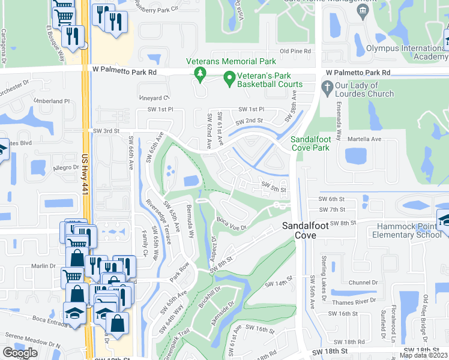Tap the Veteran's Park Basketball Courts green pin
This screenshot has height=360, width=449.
click(229, 78)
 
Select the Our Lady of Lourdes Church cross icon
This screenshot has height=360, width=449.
click(327, 89)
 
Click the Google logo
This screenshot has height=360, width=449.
click(20, 353)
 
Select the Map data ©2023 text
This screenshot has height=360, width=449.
click(424, 355)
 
